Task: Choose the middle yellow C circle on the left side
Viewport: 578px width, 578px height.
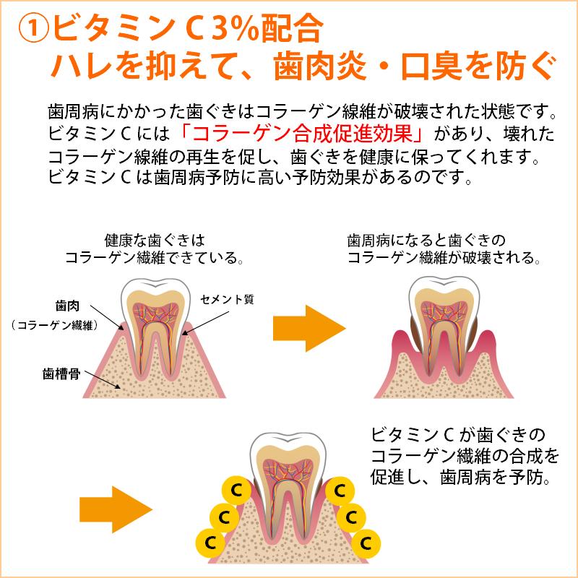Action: tap(223, 517)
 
